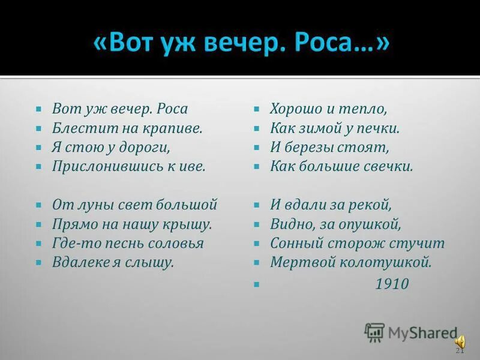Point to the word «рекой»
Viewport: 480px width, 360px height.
[x=371, y=205]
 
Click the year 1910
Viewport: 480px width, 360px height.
[x=391, y=283]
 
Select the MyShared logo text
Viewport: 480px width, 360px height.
[x=422, y=332]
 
